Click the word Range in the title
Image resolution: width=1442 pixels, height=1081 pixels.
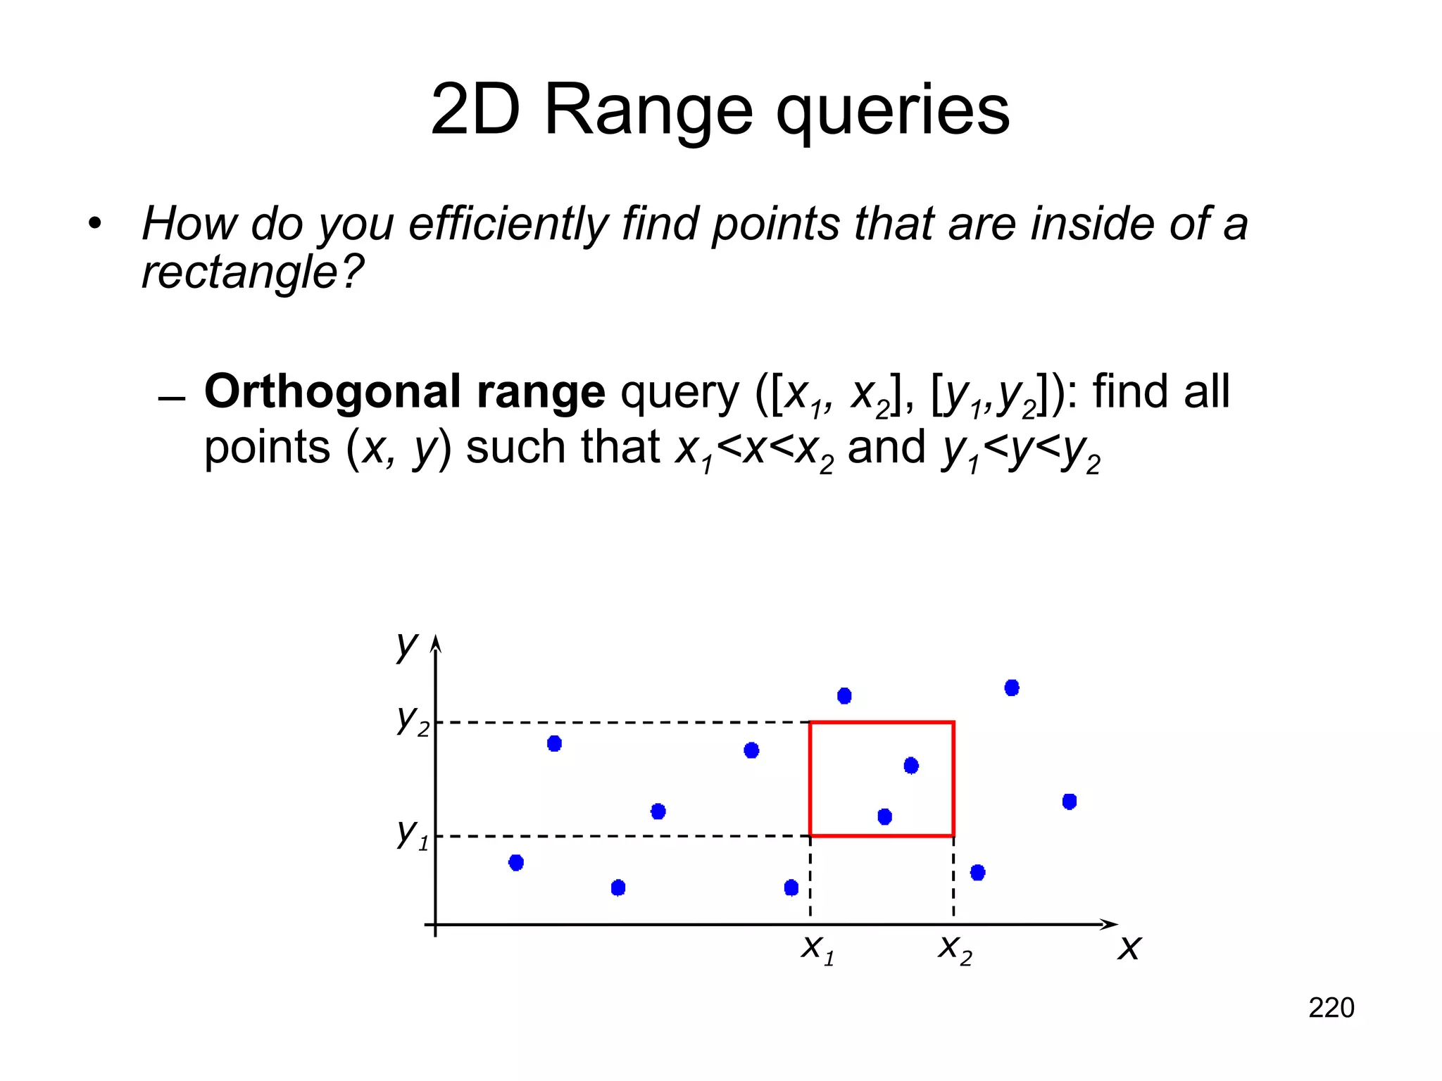(648, 110)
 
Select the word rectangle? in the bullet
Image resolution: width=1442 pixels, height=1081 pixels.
(252, 272)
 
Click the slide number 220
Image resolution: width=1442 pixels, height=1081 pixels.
(1331, 1008)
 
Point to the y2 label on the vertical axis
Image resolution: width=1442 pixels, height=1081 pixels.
(413, 719)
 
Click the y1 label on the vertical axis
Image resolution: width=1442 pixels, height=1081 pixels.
(413, 833)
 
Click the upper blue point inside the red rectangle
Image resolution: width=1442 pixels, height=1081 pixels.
(911, 765)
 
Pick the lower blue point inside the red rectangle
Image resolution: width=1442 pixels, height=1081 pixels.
(885, 816)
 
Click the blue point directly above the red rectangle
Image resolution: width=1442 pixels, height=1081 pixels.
(844, 696)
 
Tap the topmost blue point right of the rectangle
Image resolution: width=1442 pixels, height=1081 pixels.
(1012, 688)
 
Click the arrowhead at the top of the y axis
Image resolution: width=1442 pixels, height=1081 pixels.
(435, 642)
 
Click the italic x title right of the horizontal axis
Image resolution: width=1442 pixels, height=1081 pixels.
(1129, 948)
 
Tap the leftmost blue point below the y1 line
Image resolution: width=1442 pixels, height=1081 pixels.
(516, 862)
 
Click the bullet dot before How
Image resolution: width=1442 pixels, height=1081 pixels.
(95, 225)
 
